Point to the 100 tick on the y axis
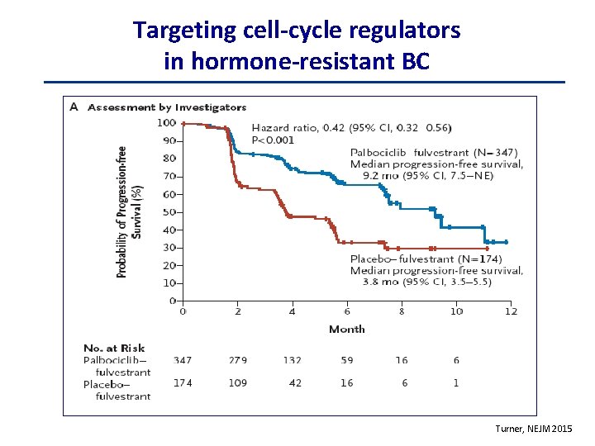[166, 123]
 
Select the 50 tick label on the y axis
[169, 212]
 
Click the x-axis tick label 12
[511, 311]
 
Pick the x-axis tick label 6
[347, 311]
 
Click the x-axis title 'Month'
[347, 329]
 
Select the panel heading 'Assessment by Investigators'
[167, 107]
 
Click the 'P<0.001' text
[273, 140]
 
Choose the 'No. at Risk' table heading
[114, 348]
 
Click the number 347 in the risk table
[183, 360]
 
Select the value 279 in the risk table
[237, 360]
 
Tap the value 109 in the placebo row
[237, 383]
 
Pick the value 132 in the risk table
[292, 360]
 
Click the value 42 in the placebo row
[294, 383]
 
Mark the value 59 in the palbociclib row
[347, 360]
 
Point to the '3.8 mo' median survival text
[382, 282]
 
